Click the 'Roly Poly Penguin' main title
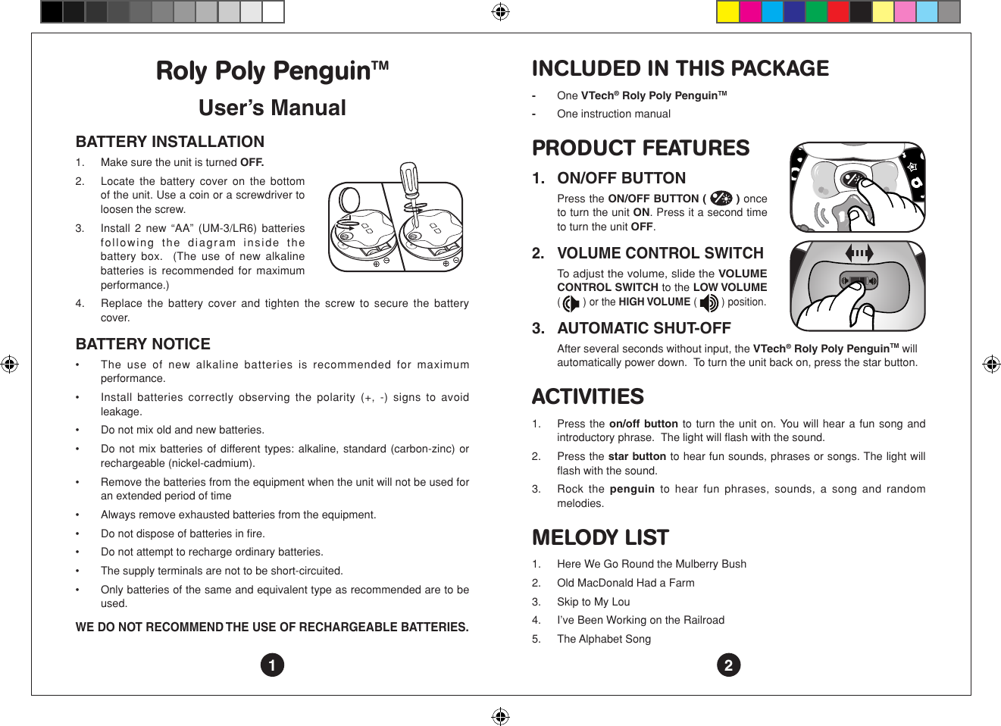(271, 70)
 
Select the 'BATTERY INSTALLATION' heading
(170, 142)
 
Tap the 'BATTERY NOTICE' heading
(142, 344)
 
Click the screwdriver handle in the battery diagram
(409, 178)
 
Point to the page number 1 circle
(272, 665)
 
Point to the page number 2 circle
(728, 665)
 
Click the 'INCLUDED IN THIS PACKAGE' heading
(680, 68)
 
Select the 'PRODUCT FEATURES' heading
(640, 148)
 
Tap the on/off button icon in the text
(721, 199)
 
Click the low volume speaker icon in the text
(571, 303)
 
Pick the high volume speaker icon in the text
(709, 303)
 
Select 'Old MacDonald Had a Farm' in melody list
(625, 583)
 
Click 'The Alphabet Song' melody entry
(603, 639)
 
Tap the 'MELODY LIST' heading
(600, 537)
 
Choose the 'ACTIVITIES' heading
(587, 396)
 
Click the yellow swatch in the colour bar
(727, 12)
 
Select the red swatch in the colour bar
(838, 12)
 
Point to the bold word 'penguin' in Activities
(631, 489)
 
